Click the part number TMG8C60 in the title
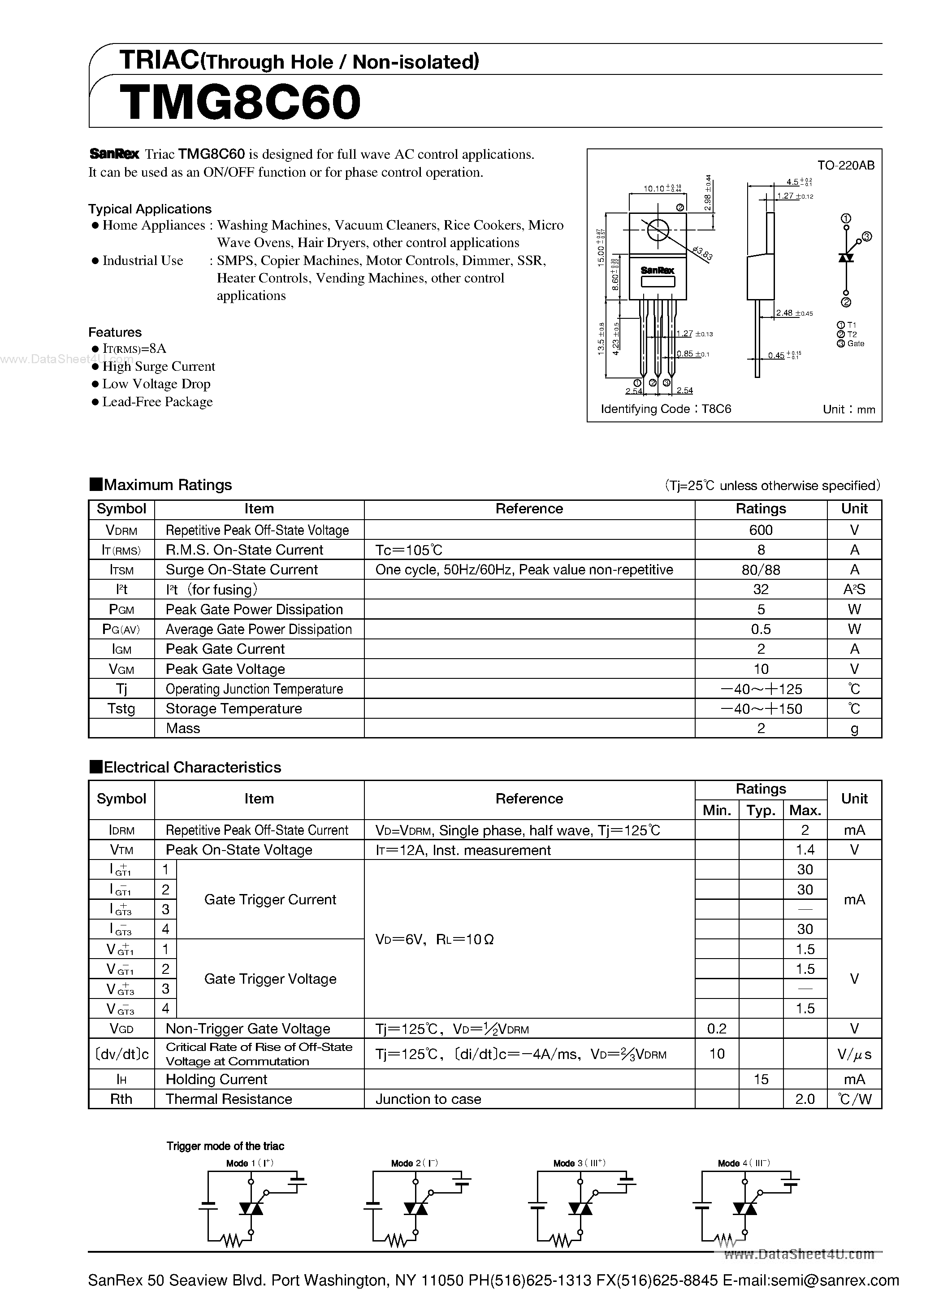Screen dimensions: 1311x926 [240, 103]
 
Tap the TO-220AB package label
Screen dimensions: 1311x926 [845, 165]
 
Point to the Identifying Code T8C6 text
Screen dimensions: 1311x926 [666, 409]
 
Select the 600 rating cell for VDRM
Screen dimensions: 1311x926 [761, 530]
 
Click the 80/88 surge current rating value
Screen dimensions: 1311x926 [761, 570]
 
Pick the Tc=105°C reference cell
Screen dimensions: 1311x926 [409, 550]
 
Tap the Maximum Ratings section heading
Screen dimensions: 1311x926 [167, 485]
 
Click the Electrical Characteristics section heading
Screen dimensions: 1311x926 [192, 767]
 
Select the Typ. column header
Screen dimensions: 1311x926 [761, 810]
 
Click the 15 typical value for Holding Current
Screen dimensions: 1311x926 [761, 1079]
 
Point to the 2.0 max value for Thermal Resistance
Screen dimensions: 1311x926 [805, 1099]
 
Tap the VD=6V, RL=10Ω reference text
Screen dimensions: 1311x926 [434, 939]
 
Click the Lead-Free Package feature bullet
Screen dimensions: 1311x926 [157, 402]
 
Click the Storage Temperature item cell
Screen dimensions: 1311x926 [234, 708]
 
